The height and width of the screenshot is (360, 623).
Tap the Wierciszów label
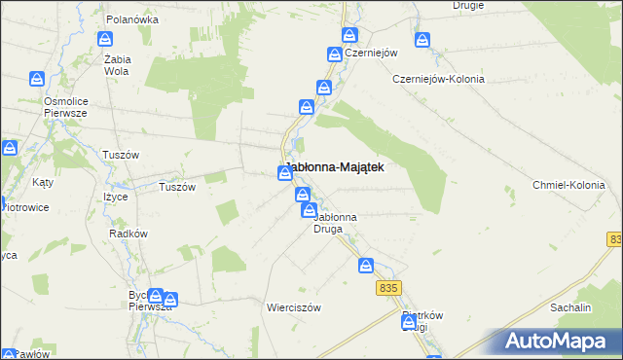pyautogui.click(x=294, y=306)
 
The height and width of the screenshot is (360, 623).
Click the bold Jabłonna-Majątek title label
pyautogui.click(x=333, y=167)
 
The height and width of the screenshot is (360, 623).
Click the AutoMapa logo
pyautogui.click(x=562, y=341)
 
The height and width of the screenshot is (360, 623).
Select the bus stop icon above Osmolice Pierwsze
pyautogui.click(x=36, y=79)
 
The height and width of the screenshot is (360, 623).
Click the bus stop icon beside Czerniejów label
pyautogui.click(x=349, y=36)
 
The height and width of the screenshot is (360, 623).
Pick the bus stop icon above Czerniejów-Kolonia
pyautogui.click(x=422, y=40)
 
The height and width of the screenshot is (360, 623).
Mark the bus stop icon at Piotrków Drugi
pyautogui.click(x=408, y=325)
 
